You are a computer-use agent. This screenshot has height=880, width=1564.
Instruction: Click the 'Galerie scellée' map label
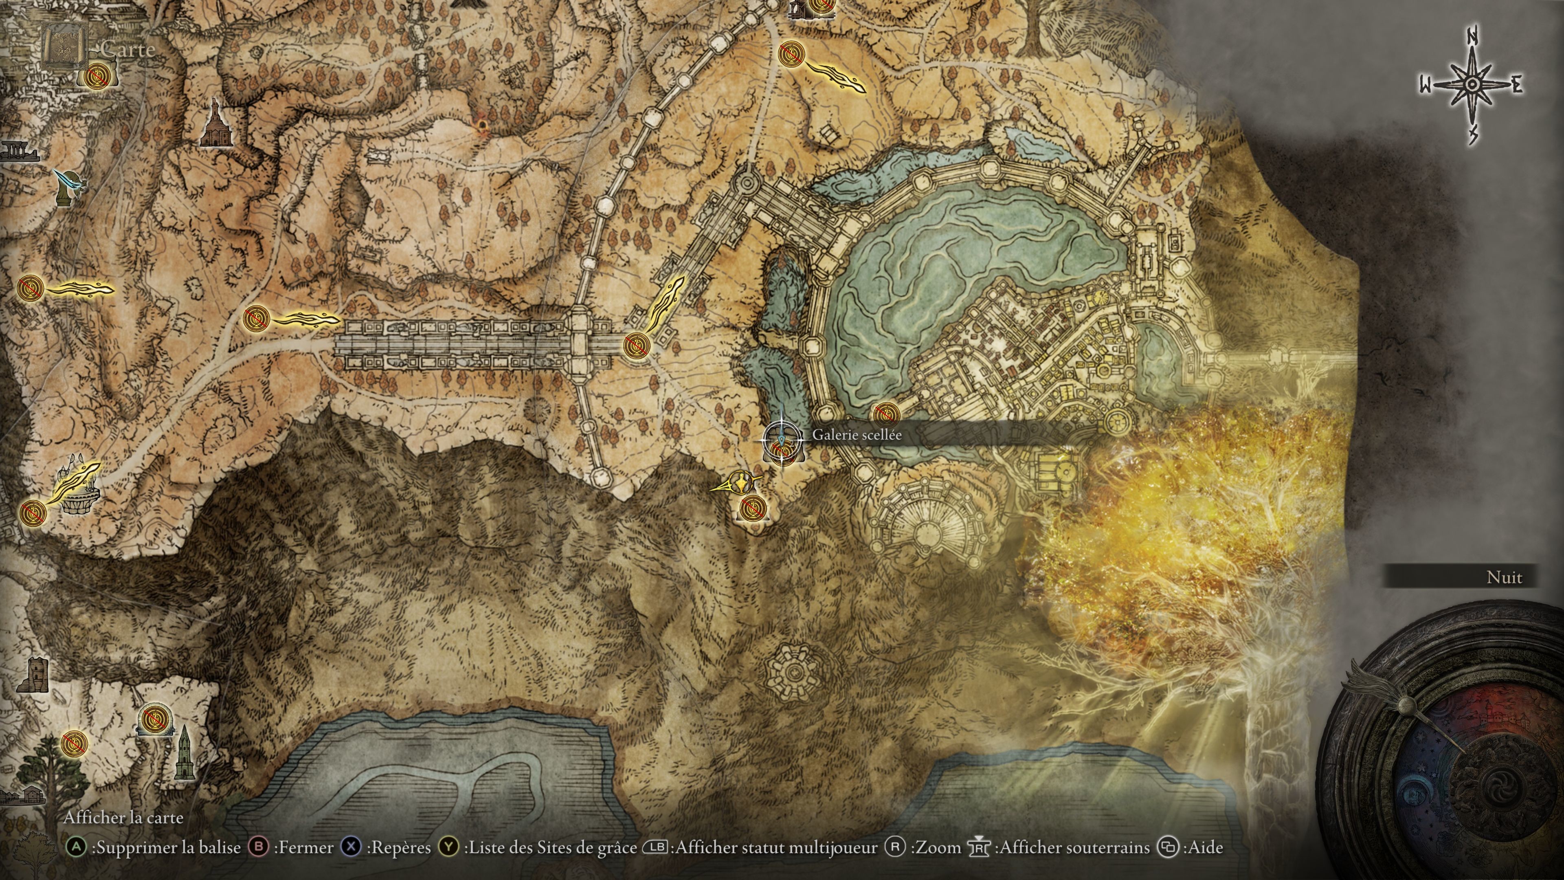point(857,435)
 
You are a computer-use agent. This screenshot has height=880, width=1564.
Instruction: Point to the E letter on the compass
point(1517,86)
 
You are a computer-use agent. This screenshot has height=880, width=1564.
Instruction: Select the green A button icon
point(75,847)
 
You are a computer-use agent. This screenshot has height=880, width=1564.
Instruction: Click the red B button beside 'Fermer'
point(259,847)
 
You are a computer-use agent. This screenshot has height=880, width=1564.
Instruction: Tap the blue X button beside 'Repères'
point(351,847)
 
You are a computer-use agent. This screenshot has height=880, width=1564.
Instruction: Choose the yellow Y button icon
point(449,847)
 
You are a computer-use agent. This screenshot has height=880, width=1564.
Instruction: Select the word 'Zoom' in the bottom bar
point(938,847)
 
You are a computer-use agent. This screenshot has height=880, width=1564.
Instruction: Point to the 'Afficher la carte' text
point(123,817)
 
